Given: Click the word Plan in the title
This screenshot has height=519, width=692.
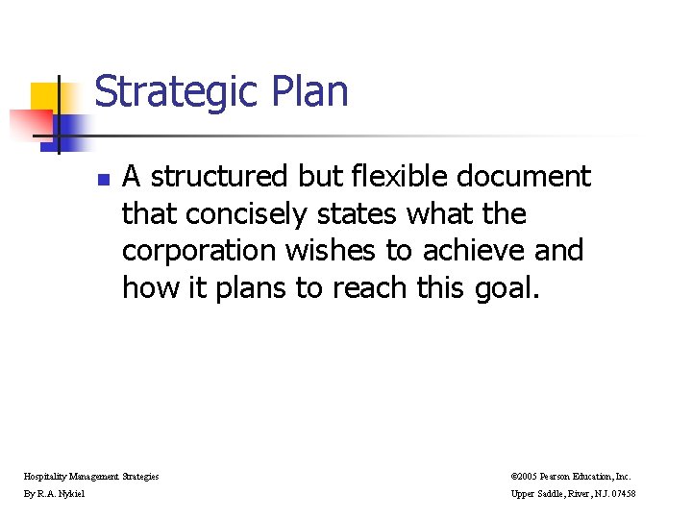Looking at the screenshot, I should tap(310, 92).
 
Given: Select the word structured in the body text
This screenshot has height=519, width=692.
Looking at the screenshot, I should tap(218, 177).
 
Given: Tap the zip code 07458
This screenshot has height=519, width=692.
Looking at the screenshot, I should tap(649, 494).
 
